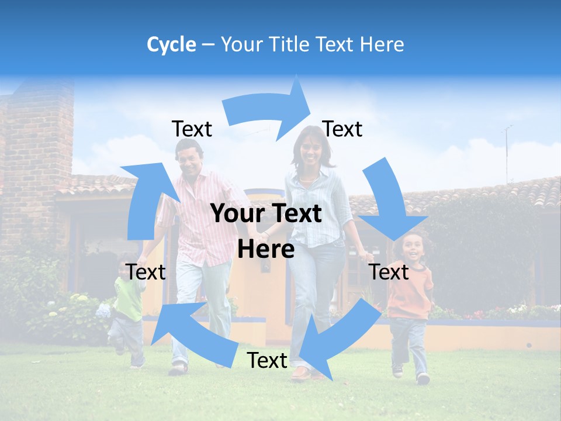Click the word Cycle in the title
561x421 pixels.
pos(171,44)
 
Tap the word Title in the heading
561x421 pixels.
pos(290,44)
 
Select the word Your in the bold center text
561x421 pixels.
pos(236,213)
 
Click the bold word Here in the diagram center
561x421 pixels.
pos(266,249)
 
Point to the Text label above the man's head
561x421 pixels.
pos(192,129)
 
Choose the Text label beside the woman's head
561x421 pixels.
pos(342,129)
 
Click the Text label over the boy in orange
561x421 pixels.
pos(389,272)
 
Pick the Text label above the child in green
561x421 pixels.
pos(146,272)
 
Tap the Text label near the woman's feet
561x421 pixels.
pos(267,360)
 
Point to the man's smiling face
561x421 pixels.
pos(190,161)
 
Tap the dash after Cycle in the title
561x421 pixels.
pos(208,44)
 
